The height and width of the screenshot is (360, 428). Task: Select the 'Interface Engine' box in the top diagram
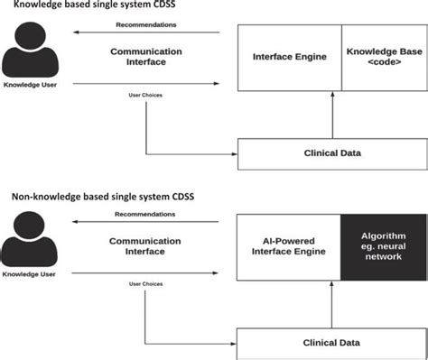coord(289,58)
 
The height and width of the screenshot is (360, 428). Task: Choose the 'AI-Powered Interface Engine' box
coord(289,248)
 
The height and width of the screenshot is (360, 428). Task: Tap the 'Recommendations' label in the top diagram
coord(146,25)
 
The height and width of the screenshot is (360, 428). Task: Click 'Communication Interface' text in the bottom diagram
coord(146,248)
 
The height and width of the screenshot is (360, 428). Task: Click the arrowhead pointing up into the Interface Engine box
coord(332,95)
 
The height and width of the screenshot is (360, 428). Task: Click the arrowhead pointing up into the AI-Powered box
coord(332,285)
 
